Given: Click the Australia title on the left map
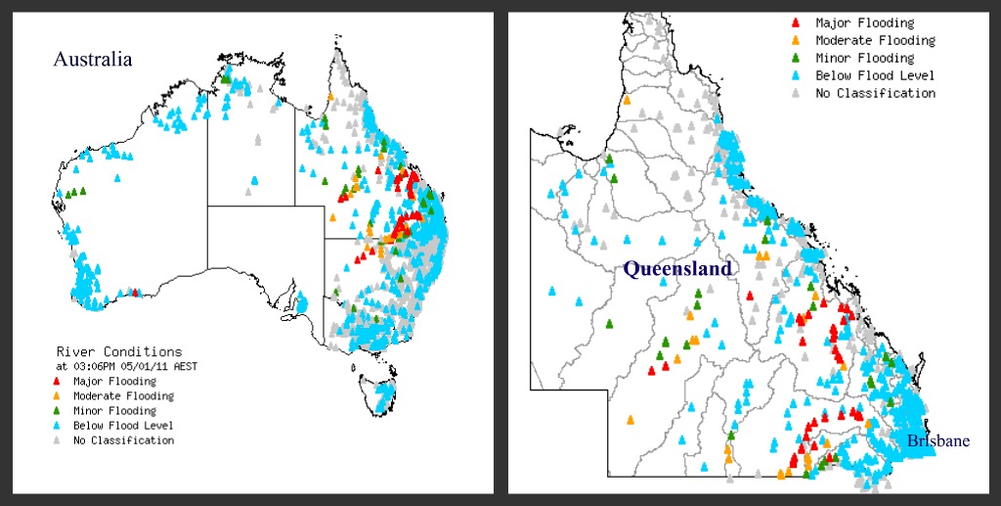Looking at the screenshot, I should (x=92, y=60).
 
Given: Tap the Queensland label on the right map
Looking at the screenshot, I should (x=677, y=268).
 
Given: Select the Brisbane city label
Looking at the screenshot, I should (x=937, y=440).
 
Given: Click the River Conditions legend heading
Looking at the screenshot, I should (x=118, y=351).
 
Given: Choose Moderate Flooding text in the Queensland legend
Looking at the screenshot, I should (x=876, y=41).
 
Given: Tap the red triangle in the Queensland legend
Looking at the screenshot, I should (x=795, y=23).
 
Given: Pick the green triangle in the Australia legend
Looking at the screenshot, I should (x=58, y=411).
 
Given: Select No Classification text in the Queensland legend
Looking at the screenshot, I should (x=876, y=94).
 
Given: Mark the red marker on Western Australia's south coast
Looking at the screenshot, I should (x=135, y=292).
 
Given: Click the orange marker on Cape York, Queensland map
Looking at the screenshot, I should (x=627, y=99).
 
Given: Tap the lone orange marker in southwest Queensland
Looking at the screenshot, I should (x=630, y=419).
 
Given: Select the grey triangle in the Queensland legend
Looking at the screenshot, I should (x=795, y=94).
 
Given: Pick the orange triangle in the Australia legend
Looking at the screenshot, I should (x=58, y=396).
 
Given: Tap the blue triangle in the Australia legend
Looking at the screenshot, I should (x=58, y=426).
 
